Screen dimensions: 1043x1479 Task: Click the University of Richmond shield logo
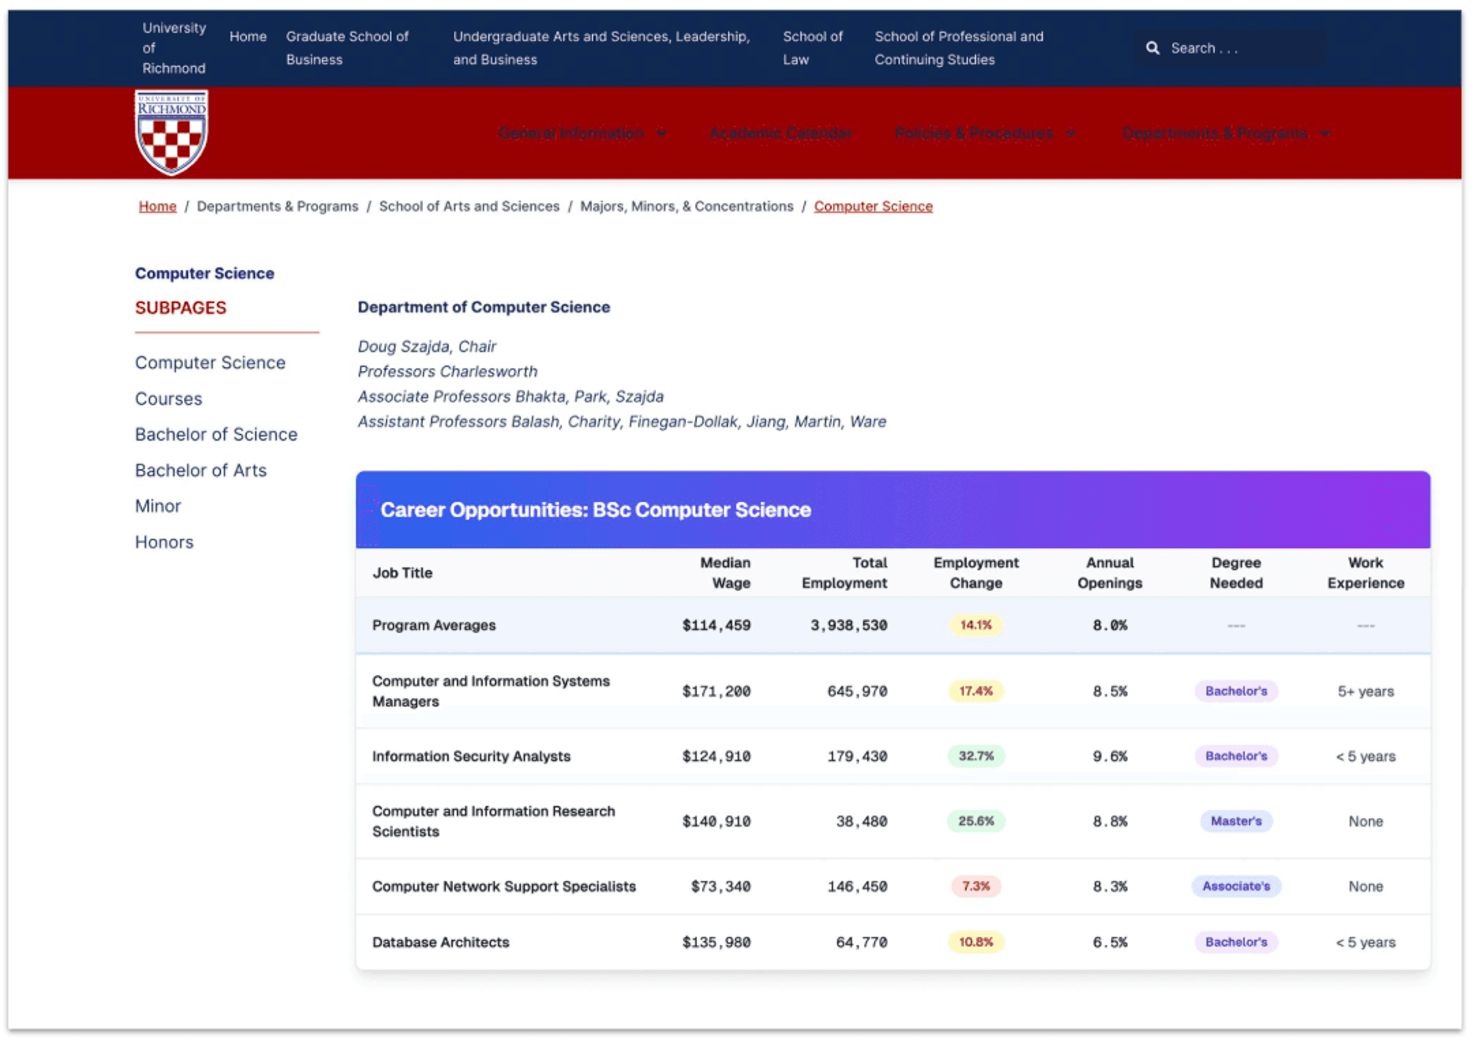171,133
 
